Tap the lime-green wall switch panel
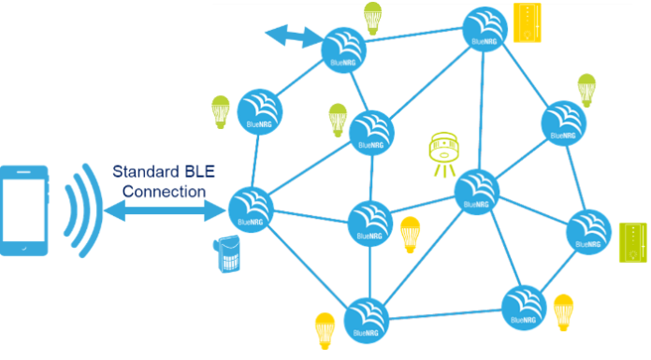point(632,242)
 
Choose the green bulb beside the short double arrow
point(373,18)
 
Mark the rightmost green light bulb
point(586,89)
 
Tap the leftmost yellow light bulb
point(324,329)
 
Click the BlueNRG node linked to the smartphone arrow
point(250,209)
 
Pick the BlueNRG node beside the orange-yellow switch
point(485,29)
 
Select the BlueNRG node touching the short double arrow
point(343,46)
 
